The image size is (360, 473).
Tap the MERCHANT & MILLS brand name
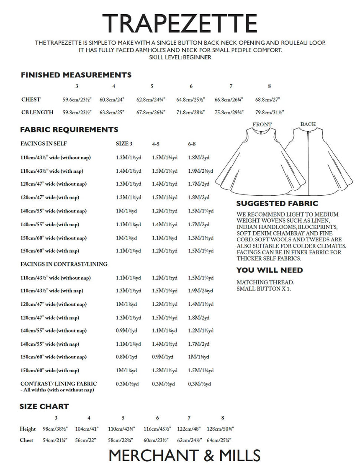[x=184, y=455]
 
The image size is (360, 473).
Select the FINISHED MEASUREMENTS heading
[x=76, y=75]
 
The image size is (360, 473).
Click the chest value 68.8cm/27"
[x=267, y=100]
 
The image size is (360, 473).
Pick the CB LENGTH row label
[x=37, y=112]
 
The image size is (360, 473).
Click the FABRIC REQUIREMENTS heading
[x=69, y=130]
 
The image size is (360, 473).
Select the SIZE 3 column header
[x=124, y=143]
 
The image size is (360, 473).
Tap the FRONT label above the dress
[x=262, y=124]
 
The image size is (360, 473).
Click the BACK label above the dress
[x=308, y=124]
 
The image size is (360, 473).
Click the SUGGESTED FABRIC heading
[x=277, y=204]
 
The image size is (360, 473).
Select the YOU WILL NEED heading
[x=270, y=270]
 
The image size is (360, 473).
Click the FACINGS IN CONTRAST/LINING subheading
[x=64, y=264]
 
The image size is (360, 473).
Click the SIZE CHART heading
[x=44, y=407]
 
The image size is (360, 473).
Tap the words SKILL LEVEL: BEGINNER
[x=180, y=57]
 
